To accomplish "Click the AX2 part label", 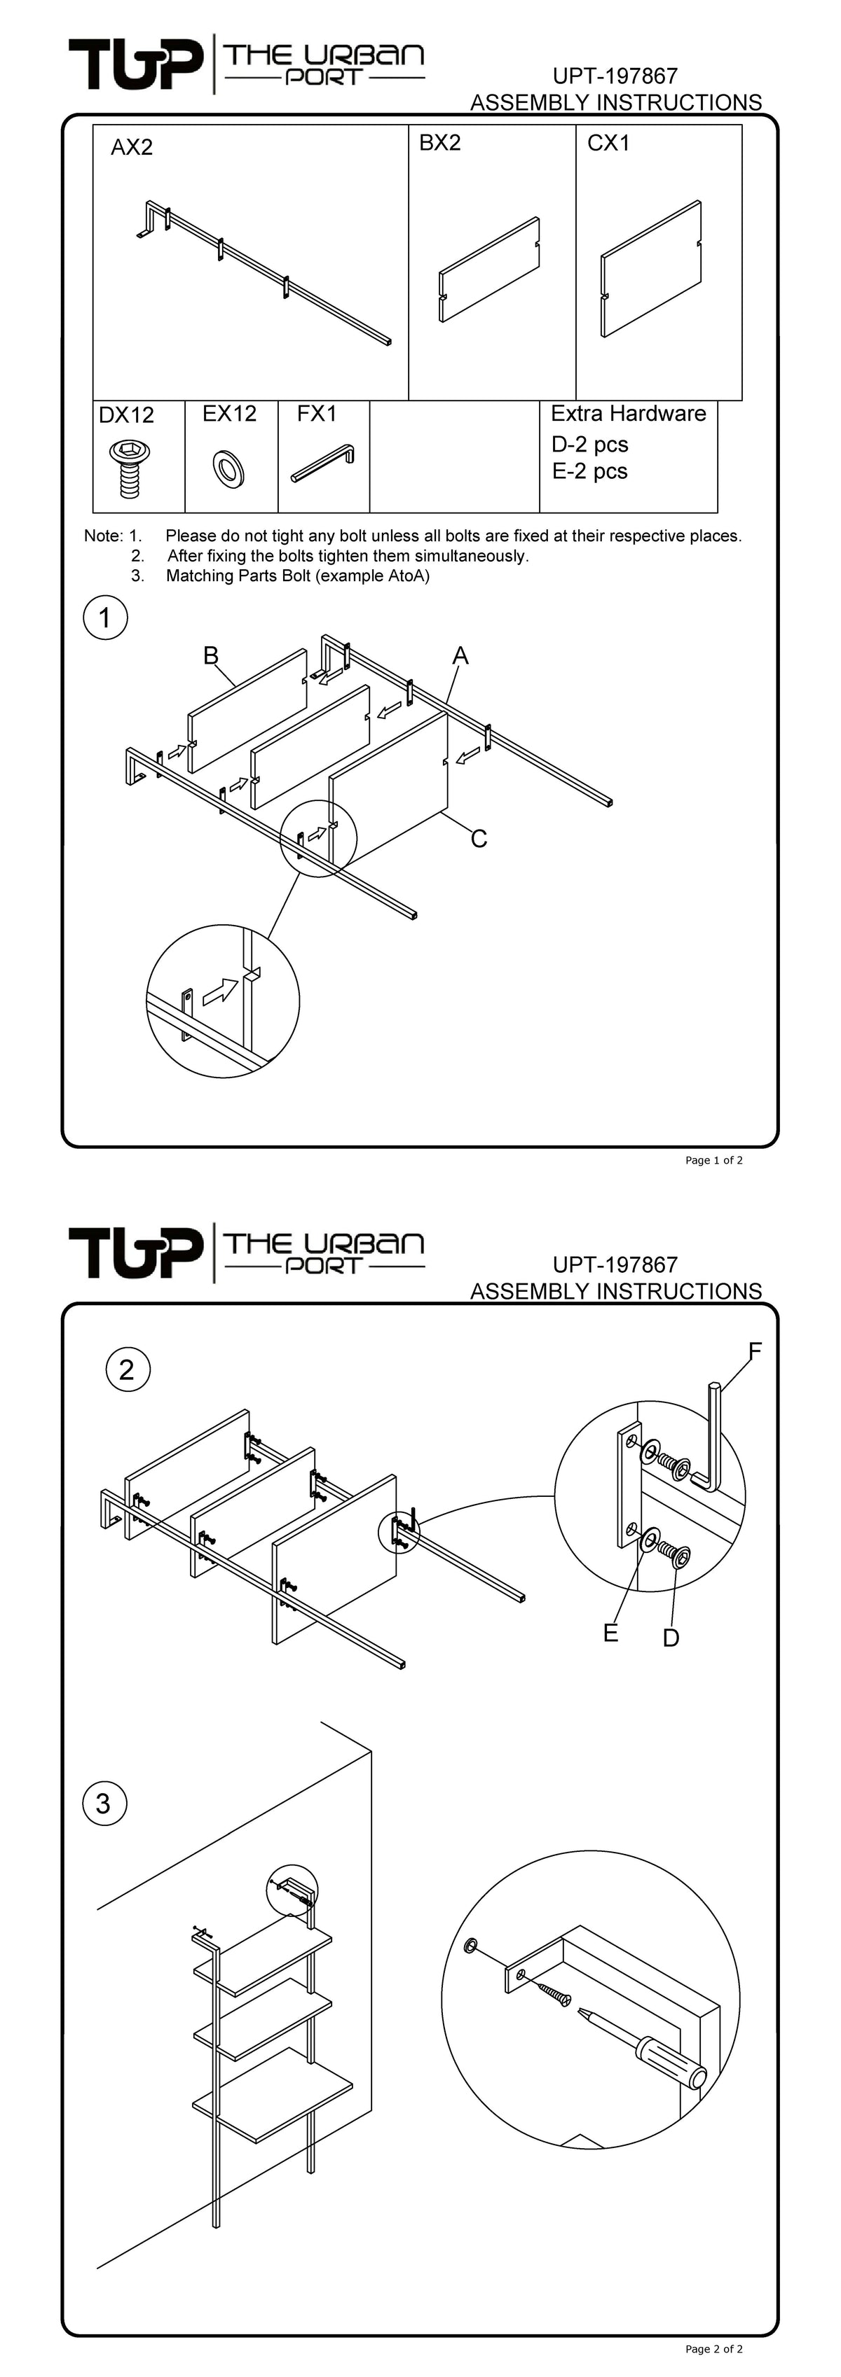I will (131, 148).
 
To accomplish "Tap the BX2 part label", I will (439, 143).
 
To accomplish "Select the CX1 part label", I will (608, 143).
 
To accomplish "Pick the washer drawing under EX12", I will (228, 469).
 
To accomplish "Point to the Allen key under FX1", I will (323, 463).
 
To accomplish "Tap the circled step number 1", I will (105, 618).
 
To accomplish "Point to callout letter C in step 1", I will (478, 839).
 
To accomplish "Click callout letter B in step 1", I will (210, 656).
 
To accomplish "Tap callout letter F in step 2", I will (754, 1352).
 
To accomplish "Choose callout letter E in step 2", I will (610, 1633).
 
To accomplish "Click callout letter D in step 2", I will (671, 1638).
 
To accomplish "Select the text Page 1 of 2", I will (713, 1160).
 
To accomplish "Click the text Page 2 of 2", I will (713, 2348).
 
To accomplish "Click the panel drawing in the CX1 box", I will (652, 267).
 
